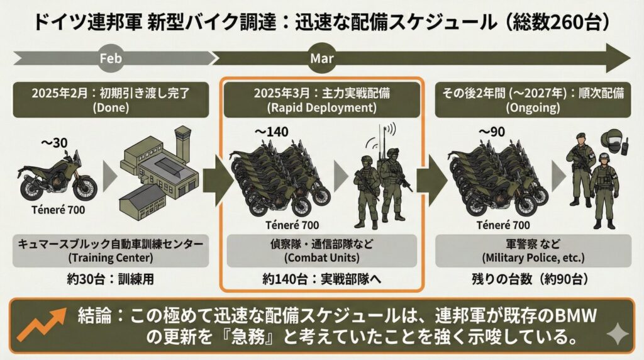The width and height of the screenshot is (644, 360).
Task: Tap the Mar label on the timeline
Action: [x=321, y=59]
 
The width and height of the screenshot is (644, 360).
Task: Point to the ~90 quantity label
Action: [x=491, y=132]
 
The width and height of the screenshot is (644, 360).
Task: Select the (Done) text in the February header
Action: [x=110, y=108]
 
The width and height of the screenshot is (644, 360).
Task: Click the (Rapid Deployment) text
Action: [x=321, y=108]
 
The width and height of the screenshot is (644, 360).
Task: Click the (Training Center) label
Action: [x=110, y=257]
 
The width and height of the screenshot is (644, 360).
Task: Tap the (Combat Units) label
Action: [x=321, y=257]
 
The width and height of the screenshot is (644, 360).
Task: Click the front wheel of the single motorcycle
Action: [x=86, y=188]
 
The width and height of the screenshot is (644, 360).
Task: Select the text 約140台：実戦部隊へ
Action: [x=321, y=279]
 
